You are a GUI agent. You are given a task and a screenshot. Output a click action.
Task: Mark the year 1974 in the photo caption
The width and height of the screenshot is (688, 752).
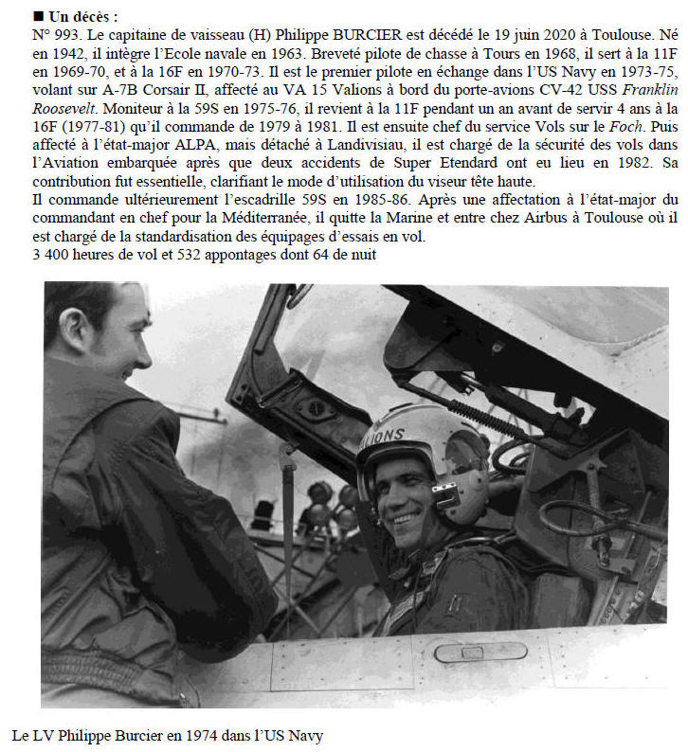[194, 735]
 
